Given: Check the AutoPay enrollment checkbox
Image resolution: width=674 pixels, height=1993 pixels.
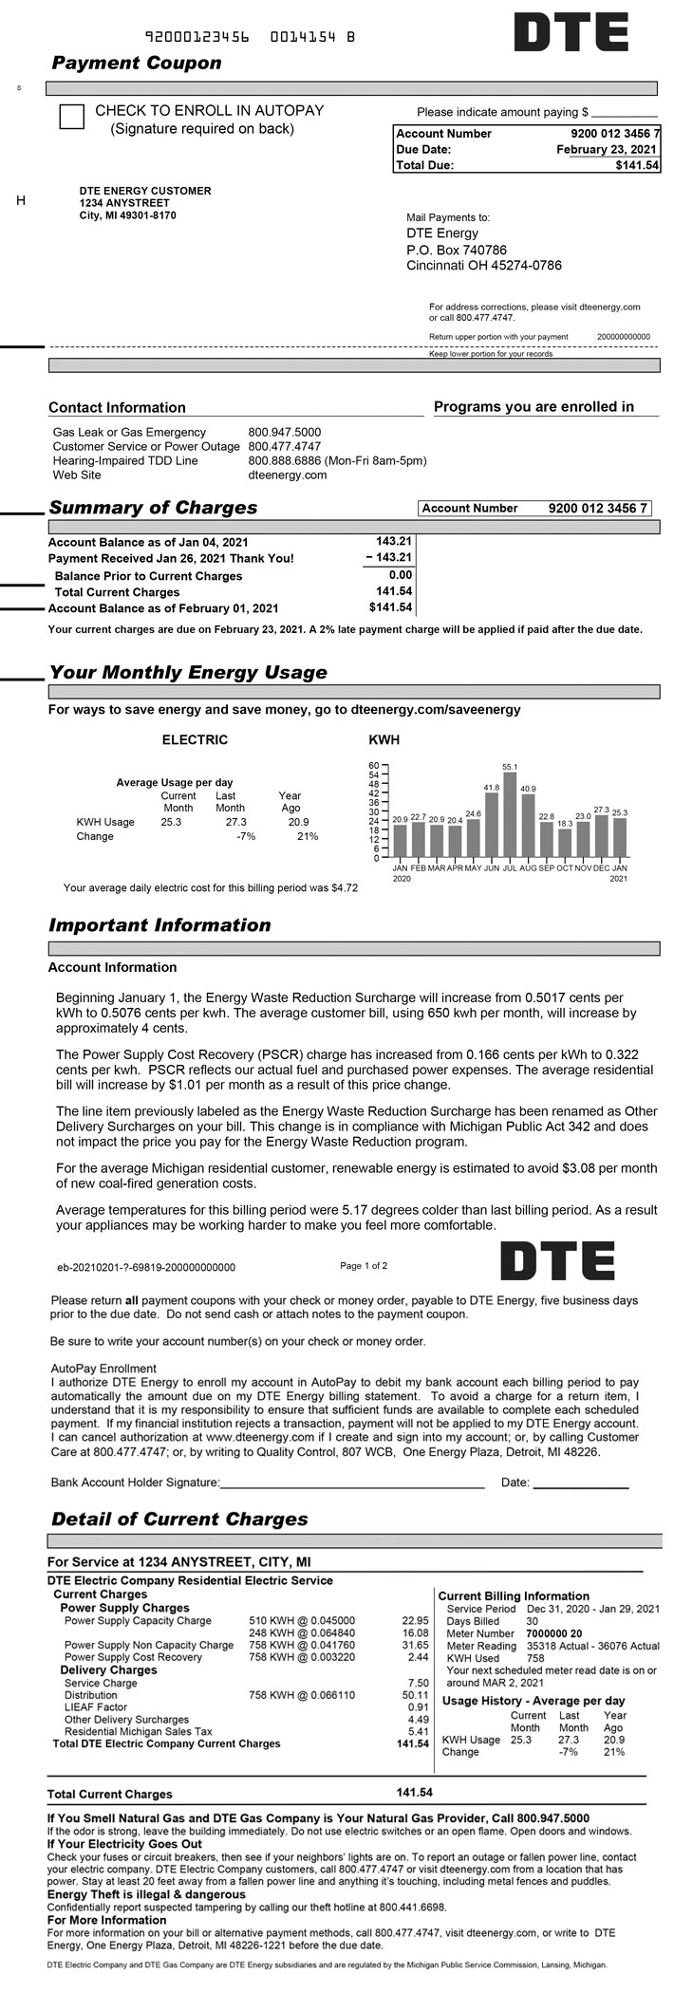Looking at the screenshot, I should (71, 117).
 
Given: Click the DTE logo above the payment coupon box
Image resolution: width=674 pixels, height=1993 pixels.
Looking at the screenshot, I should (571, 32).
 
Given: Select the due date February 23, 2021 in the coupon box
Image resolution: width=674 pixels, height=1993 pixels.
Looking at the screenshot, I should (606, 150).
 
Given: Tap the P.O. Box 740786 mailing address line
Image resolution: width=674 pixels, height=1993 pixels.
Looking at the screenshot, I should (457, 250).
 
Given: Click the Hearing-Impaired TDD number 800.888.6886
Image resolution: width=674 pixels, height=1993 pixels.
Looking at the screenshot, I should (286, 460).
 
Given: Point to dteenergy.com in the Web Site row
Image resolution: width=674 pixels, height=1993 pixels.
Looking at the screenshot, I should (287, 475).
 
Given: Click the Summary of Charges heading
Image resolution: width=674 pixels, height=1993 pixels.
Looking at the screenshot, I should (153, 508).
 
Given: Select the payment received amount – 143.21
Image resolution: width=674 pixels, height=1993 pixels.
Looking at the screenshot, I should (388, 558).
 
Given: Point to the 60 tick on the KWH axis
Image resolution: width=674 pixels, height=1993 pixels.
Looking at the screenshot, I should (373, 765).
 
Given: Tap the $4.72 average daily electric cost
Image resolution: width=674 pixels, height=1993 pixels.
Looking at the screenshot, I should (344, 888).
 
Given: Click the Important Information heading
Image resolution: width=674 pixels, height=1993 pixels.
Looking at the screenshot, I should (159, 925).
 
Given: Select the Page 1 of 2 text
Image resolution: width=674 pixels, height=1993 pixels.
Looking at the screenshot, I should (364, 1265).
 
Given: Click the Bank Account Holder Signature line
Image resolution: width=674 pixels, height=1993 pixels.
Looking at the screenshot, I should (352, 1484).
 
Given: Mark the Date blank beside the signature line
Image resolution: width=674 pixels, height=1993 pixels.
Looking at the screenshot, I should (580, 1484).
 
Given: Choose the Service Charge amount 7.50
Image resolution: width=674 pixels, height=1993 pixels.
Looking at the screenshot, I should (418, 1683).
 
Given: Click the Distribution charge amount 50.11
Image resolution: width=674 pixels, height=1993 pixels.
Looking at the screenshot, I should (416, 1695).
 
